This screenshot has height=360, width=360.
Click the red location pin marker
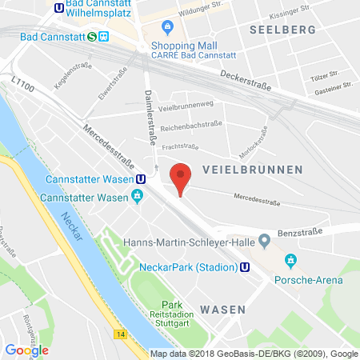coord(182,177)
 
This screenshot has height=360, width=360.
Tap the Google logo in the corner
coord(26,349)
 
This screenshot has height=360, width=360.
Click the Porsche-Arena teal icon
coord(291,260)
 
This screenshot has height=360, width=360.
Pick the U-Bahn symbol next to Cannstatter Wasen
coord(141,179)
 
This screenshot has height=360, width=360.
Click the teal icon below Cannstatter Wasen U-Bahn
coord(137,196)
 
